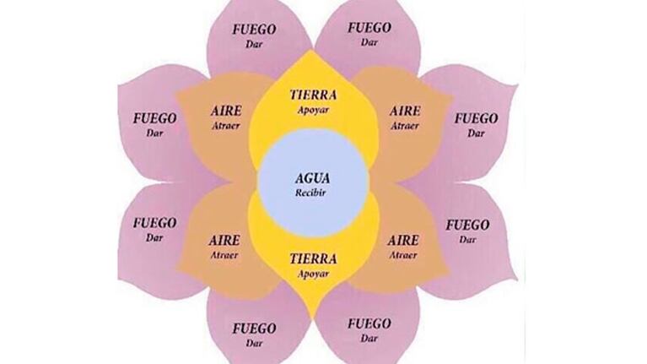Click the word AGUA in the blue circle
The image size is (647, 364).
tap(312, 178)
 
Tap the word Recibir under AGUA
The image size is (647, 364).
tap(310, 193)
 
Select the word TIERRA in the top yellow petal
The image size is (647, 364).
tap(313, 95)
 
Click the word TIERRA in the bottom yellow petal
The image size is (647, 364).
tap(313, 259)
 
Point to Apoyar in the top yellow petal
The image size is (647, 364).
tap(313, 110)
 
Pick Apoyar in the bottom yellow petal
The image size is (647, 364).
tap(313, 274)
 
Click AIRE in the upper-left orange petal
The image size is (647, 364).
tap(226, 111)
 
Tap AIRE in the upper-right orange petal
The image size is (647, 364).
tap(405, 111)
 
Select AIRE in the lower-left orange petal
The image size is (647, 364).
tap(224, 241)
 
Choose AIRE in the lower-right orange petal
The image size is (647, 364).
tap(403, 241)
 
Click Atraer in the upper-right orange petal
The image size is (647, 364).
tap(405, 126)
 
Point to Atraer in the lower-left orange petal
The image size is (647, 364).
tap(224, 255)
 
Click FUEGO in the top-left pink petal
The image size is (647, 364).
tap(254, 30)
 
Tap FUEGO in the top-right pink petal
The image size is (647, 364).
tap(369, 28)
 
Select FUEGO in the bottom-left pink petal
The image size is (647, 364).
tap(254, 329)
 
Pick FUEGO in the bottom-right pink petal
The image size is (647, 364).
tap(369, 323)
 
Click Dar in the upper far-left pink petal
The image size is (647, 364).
tap(154, 133)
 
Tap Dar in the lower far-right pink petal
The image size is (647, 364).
tap(467, 240)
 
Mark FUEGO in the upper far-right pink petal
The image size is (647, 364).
tap(476, 119)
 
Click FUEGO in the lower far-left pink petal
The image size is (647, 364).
tap(154, 224)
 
